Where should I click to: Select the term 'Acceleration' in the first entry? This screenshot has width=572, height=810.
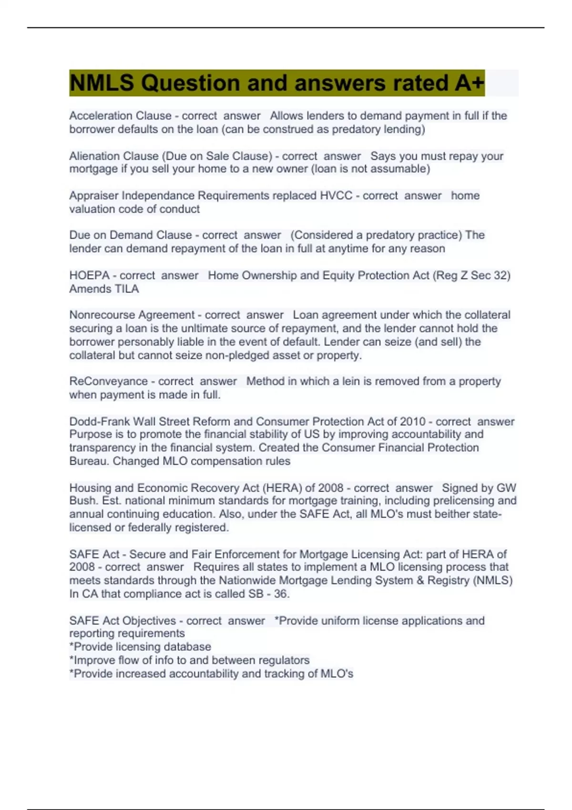(x=100, y=116)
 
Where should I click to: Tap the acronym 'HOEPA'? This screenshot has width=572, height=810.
(x=90, y=275)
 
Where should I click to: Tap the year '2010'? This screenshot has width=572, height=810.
(x=413, y=421)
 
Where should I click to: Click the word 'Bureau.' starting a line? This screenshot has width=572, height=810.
(x=89, y=461)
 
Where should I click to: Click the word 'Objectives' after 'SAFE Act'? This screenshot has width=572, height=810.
(x=149, y=620)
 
